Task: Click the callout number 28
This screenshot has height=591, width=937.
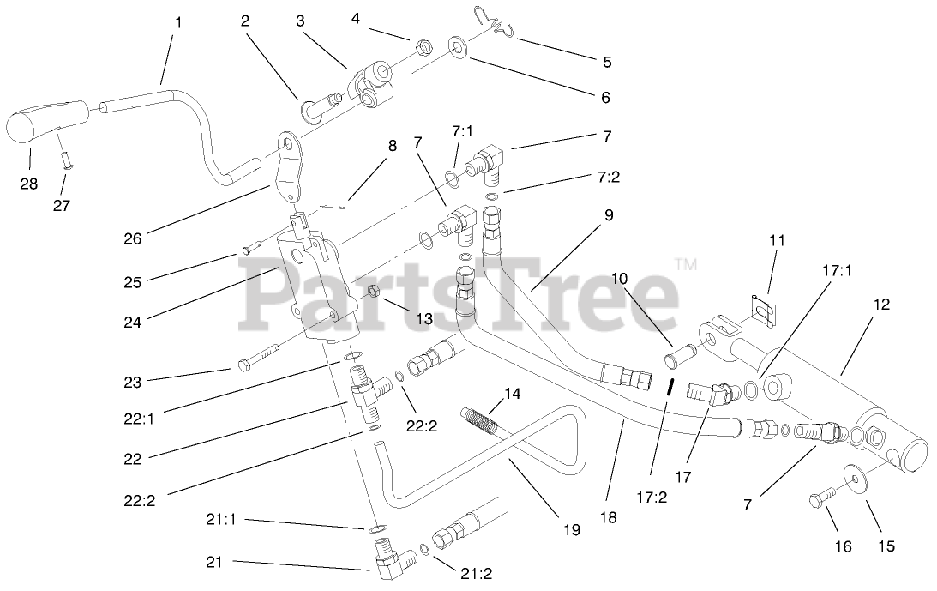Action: point(30,184)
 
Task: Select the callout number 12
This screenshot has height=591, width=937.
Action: point(882,304)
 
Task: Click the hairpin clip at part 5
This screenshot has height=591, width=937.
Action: point(498,22)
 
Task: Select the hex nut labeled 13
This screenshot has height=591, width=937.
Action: point(374,290)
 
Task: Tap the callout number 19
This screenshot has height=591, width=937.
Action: point(572,530)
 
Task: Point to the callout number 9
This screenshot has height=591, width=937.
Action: point(608,215)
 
